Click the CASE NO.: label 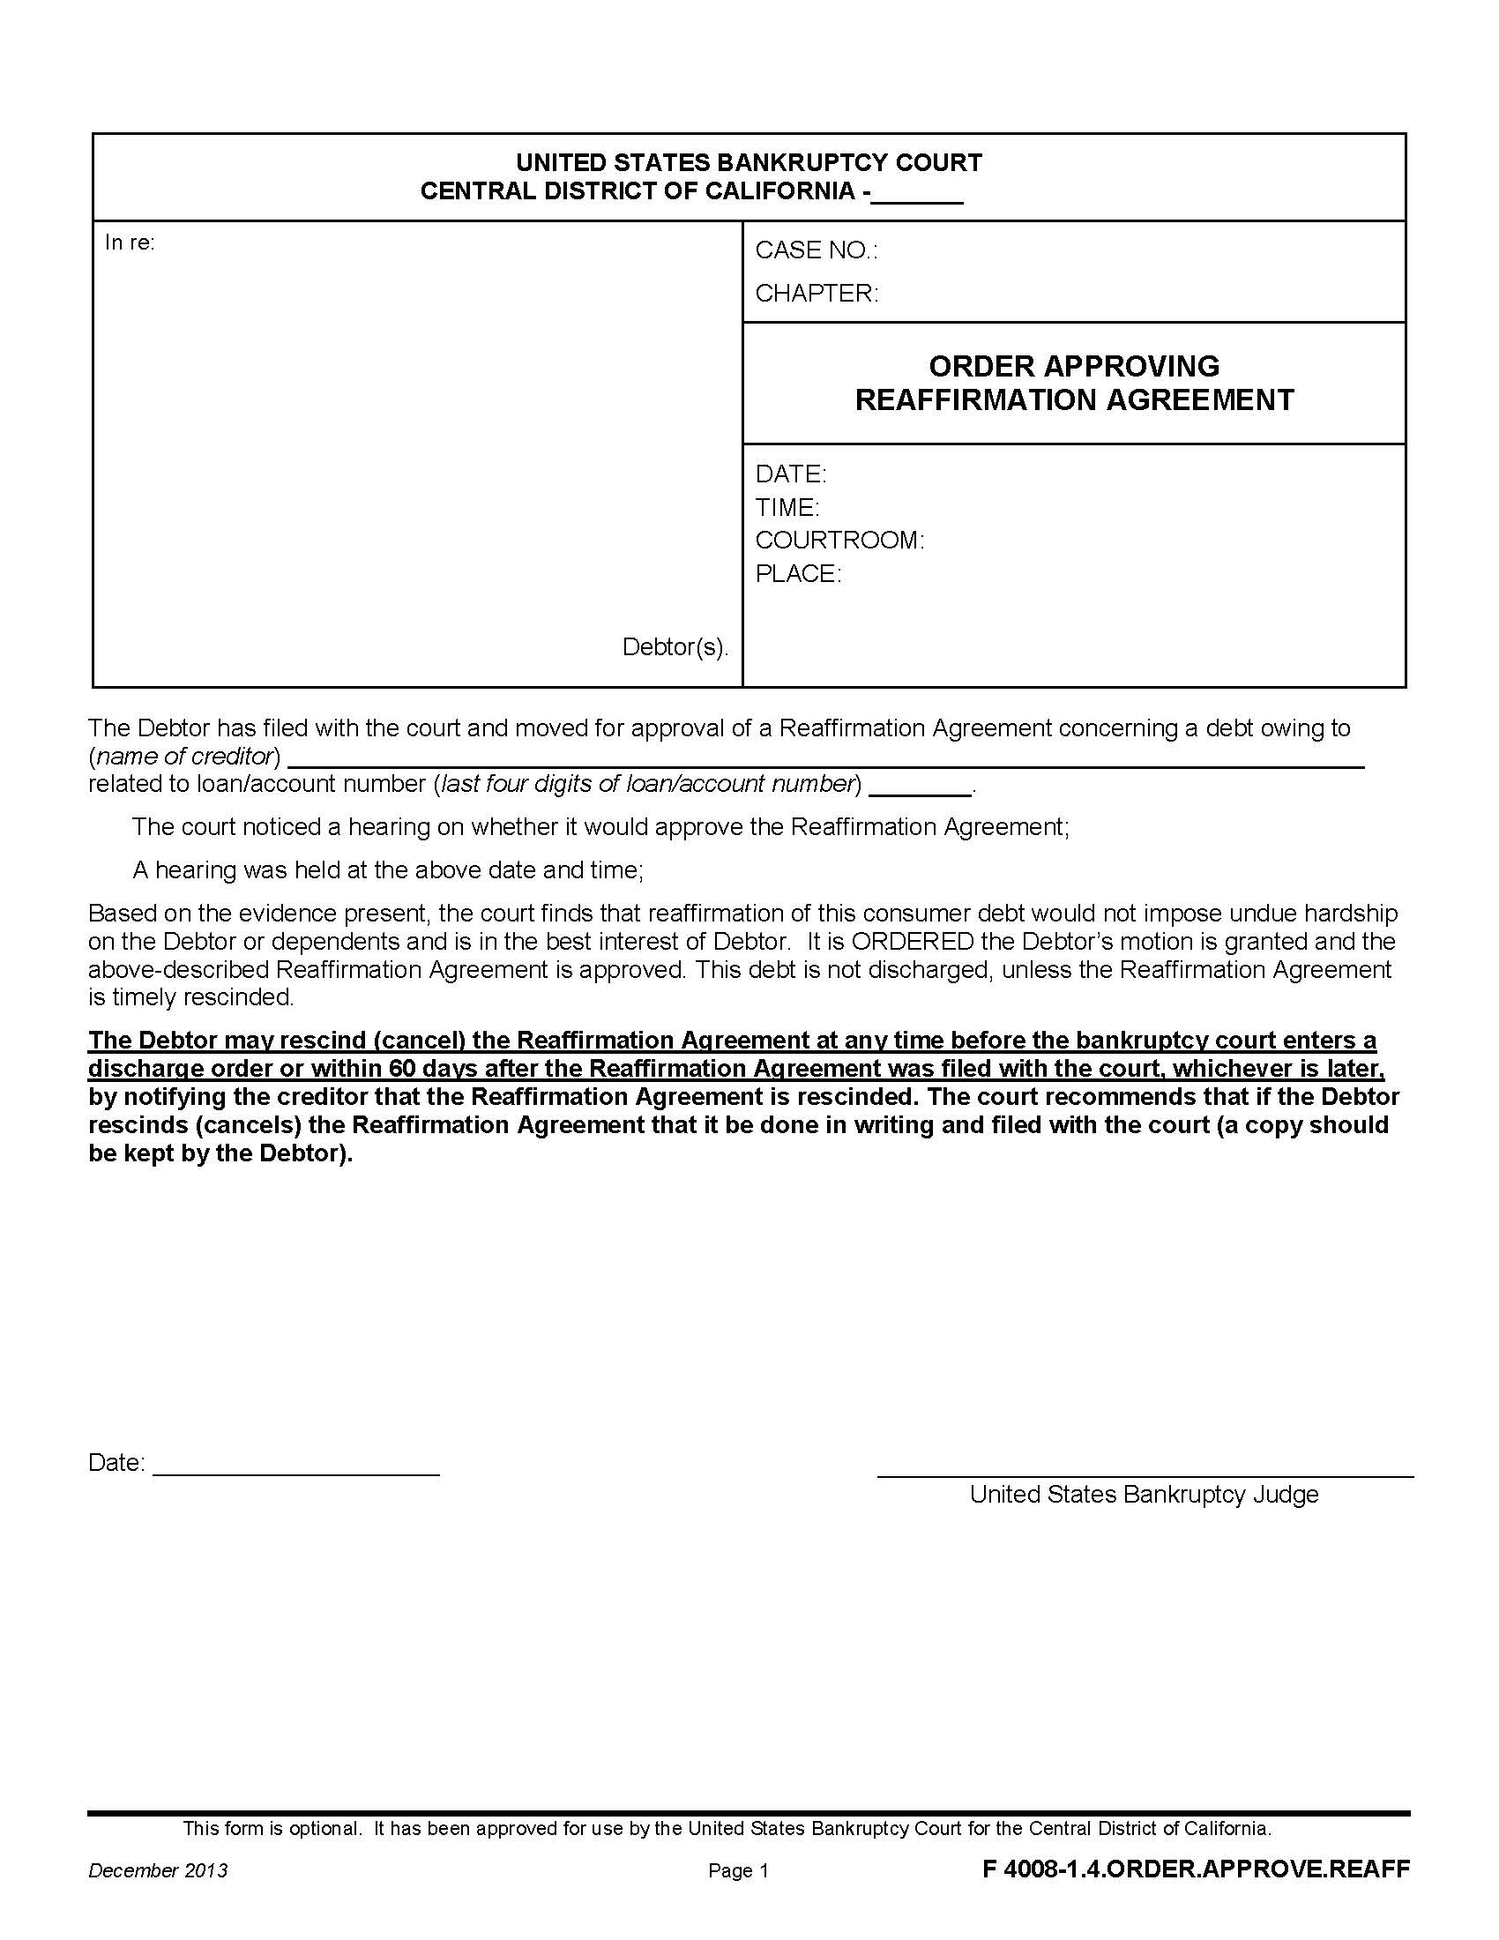tap(816, 250)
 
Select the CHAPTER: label tap(817, 293)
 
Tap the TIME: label tap(787, 507)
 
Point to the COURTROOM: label tap(839, 540)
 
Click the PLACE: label tap(797, 574)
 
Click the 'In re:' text tap(130, 242)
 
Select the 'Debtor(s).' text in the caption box tap(675, 646)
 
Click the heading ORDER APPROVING tap(1074, 366)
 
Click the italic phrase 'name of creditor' tap(187, 756)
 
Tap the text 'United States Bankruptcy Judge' tap(1143, 1494)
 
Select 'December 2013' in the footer tap(157, 1870)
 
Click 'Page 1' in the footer tap(737, 1871)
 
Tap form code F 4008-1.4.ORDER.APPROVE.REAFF tap(1196, 1869)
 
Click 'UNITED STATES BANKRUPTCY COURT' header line tap(749, 162)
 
